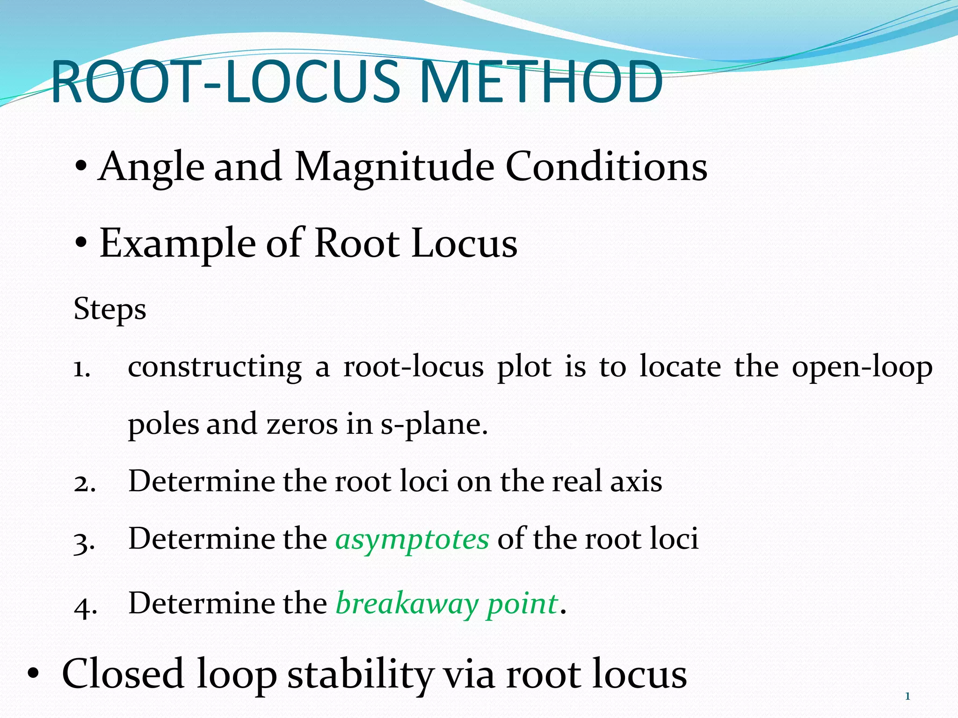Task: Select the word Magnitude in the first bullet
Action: [x=394, y=167]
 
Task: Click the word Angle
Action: [x=152, y=167]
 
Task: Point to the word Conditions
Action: [x=606, y=167]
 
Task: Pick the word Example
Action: [x=177, y=244]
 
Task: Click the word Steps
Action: [x=110, y=309]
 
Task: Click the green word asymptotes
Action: [x=412, y=539]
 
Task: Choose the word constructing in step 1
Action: [x=215, y=367]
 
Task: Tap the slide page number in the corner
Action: [x=907, y=696]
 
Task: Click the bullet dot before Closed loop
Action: [x=33, y=675]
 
